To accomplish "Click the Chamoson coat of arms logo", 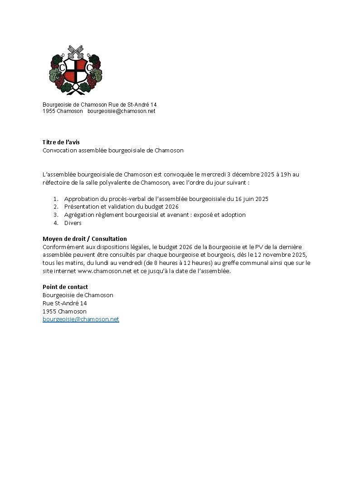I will [x=75, y=70].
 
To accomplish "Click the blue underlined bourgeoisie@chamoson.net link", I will [x=81, y=319].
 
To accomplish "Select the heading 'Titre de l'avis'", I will [x=61, y=142].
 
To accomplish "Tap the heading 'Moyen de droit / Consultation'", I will [x=85, y=239].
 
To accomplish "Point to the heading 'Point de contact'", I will [x=65, y=287].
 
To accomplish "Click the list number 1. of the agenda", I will [x=56, y=199].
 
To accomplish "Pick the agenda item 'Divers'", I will [x=73, y=223].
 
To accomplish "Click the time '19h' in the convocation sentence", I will [x=287, y=175].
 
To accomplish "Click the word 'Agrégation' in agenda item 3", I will [x=79, y=215].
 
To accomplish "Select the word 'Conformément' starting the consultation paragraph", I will [x=63, y=247].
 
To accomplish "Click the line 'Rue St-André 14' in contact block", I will [x=65, y=303].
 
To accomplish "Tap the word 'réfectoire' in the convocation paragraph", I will [x=56, y=183].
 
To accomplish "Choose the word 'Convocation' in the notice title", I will [x=59, y=151].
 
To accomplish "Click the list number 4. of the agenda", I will [x=56, y=223].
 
